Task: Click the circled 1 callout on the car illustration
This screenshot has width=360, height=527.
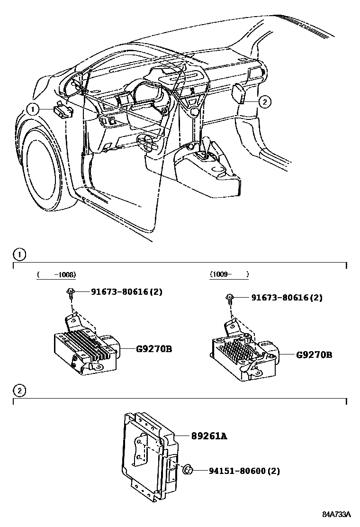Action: [33, 110]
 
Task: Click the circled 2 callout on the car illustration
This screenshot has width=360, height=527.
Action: [264, 100]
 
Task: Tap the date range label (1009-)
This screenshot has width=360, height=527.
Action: [229, 274]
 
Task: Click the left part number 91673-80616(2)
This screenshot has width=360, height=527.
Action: [126, 292]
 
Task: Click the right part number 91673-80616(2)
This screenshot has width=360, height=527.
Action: [287, 298]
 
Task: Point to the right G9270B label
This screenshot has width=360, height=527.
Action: [314, 354]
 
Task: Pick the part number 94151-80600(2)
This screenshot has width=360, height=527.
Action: [244, 471]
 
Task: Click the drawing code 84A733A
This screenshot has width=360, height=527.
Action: [337, 514]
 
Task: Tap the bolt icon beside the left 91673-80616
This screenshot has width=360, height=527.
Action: [70, 293]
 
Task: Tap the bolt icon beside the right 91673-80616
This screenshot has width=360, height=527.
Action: [230, 299]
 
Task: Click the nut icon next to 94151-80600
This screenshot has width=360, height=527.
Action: [187, 470]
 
